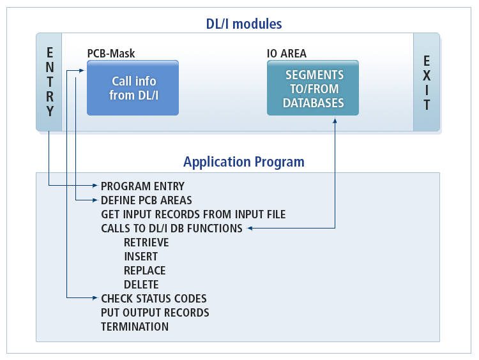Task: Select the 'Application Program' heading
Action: coord(243,161)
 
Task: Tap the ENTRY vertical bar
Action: coord(49,82)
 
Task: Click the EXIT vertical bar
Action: coord(427,82)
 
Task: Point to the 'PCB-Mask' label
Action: coord(111,54)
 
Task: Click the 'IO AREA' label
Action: coord(286,54)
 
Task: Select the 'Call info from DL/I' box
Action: coord(133,88)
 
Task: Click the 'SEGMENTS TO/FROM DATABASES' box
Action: coord(313,88)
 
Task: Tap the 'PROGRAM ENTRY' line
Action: coord(142,186)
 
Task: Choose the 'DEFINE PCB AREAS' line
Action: coord(146,200)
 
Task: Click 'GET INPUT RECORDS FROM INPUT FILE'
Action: coord(193,214)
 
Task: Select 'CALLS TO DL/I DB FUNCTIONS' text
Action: coord(171,229)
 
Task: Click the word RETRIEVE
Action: coord(146,243)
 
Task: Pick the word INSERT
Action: coord(141,257)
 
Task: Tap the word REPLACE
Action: coord(144,271)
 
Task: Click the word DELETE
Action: coord(141,285)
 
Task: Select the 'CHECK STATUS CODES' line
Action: coord(153,299)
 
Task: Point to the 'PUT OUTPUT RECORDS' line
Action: coord(155,313)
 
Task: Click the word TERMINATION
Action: coord(134,327)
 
